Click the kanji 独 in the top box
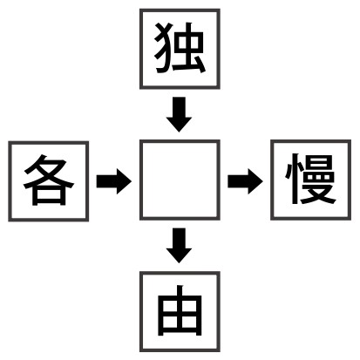180,48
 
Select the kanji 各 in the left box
49,180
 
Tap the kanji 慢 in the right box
310,179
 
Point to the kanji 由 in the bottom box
180,310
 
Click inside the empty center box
180,180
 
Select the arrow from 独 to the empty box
179,114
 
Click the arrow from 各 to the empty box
114,181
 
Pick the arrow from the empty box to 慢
245,181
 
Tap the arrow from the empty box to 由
179,246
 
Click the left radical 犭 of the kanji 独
162,48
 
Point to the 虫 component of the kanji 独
189,49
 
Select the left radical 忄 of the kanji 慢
293,179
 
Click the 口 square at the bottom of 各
49,196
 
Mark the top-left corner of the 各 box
9,141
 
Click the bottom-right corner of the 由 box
220,351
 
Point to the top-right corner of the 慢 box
351,140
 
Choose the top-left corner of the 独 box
140,9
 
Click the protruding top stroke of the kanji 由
180,290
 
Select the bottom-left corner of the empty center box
140,220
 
